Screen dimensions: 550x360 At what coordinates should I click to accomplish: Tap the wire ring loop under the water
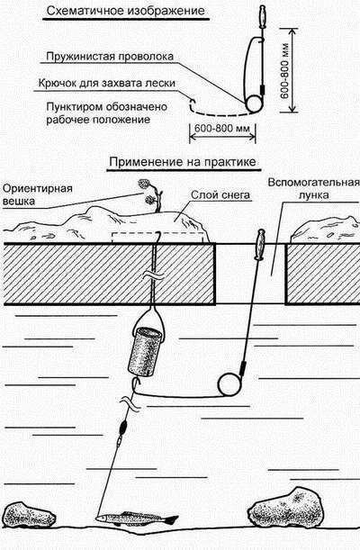(230, 383)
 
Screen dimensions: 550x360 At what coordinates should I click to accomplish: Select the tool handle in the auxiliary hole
(258, 244)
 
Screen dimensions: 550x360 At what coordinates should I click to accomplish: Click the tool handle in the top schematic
(262, 15)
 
